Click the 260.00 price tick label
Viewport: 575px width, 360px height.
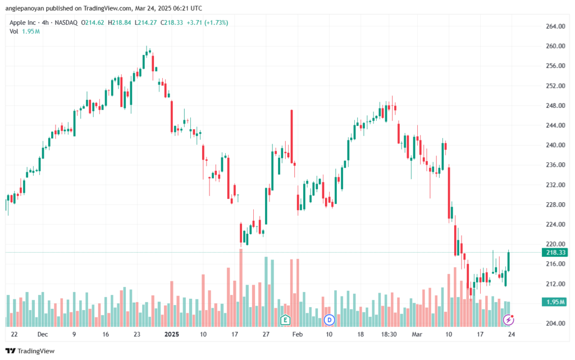tap(555, 46)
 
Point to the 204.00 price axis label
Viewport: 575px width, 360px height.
tap(555, 323)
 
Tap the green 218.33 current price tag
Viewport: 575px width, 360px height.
tap(555, 253)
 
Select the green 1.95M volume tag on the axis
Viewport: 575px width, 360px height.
tap(555, 302)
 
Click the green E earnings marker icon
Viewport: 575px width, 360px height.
tap(285, 320)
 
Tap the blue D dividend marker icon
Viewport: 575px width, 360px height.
tap(329, 320)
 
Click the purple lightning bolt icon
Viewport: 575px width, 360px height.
tap(508, 320)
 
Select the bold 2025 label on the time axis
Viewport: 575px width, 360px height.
tap(172, 334)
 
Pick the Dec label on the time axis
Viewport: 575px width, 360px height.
tap(43, 334)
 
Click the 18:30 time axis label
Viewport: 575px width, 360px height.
tap(389, 334)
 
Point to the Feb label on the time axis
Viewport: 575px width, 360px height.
tap(298, 334)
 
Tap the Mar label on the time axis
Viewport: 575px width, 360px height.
tap(417, 334)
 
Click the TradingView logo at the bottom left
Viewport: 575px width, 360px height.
tap(30, 351)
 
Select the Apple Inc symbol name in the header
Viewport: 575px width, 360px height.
tap(22, 22)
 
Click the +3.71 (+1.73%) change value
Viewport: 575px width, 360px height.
tap(207, 22)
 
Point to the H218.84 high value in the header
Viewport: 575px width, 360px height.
tap(119, 22)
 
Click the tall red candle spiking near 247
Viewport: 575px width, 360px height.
tap(292, 136)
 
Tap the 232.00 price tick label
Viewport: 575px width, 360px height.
tap(555, 185)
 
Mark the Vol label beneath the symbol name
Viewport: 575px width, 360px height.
tap(13, 31)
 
